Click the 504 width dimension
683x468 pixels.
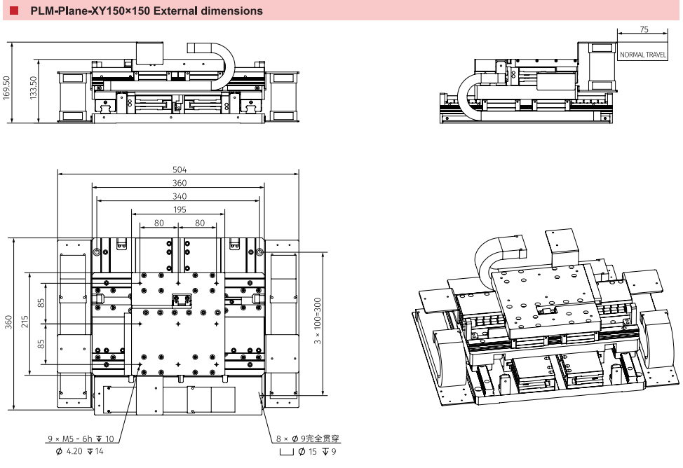tap(179, 170)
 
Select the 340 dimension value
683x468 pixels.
tap(179, 197)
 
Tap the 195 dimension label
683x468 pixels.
tap(179, 210)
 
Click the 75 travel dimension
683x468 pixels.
tap(644, 29)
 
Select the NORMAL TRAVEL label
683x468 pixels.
tap(642, 55)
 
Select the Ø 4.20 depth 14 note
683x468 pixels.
tap(79, 452)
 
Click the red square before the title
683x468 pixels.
tap(12, 11)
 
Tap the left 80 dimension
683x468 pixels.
tap(159, 223)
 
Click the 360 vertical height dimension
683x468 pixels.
tap(8, 322)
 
